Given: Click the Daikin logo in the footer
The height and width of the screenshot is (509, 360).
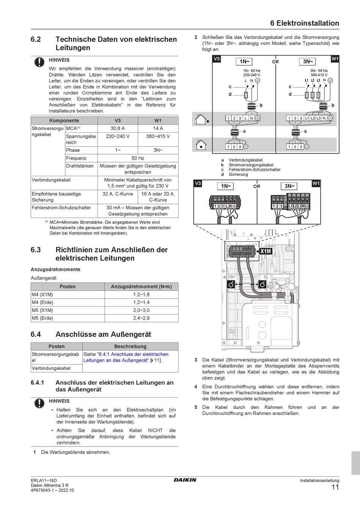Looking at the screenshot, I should [185, 480].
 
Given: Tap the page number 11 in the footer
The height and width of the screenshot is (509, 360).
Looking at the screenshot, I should [335, 487].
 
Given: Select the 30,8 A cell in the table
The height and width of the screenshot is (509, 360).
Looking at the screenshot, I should [117, 128].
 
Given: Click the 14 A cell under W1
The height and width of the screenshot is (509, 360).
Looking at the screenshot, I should [158, 128].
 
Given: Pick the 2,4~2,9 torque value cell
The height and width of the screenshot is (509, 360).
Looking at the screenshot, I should [141, 318].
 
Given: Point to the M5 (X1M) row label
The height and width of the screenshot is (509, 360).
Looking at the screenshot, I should [42, 310].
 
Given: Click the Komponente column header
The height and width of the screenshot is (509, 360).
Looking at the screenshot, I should [64, 121].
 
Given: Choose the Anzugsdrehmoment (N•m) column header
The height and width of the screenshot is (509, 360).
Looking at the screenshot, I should [141, 287].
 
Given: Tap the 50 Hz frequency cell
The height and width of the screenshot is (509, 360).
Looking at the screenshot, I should [138, 158].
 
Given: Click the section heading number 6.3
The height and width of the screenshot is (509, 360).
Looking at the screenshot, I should [36, 250].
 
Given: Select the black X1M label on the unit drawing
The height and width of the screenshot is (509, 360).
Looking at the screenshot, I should [266, 251].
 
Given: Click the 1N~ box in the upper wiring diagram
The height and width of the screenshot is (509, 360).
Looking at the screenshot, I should [244, 62].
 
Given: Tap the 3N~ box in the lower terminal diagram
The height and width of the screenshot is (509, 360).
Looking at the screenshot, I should [290, 186].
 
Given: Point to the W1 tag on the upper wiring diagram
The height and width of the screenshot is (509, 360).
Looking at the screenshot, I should [335, 59].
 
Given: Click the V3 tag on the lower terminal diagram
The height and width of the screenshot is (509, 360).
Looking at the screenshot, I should [198, 183].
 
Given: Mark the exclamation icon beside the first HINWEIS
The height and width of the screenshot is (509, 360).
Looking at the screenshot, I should [39, 62].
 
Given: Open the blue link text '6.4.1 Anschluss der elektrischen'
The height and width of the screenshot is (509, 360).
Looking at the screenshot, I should [133, 354].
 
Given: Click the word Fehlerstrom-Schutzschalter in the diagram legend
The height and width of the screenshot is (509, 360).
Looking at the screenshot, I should [254, 170].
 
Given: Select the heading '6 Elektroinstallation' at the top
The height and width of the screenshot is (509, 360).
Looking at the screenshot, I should [305, 23].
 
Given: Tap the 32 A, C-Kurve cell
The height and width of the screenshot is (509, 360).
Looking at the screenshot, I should [117, 194].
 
